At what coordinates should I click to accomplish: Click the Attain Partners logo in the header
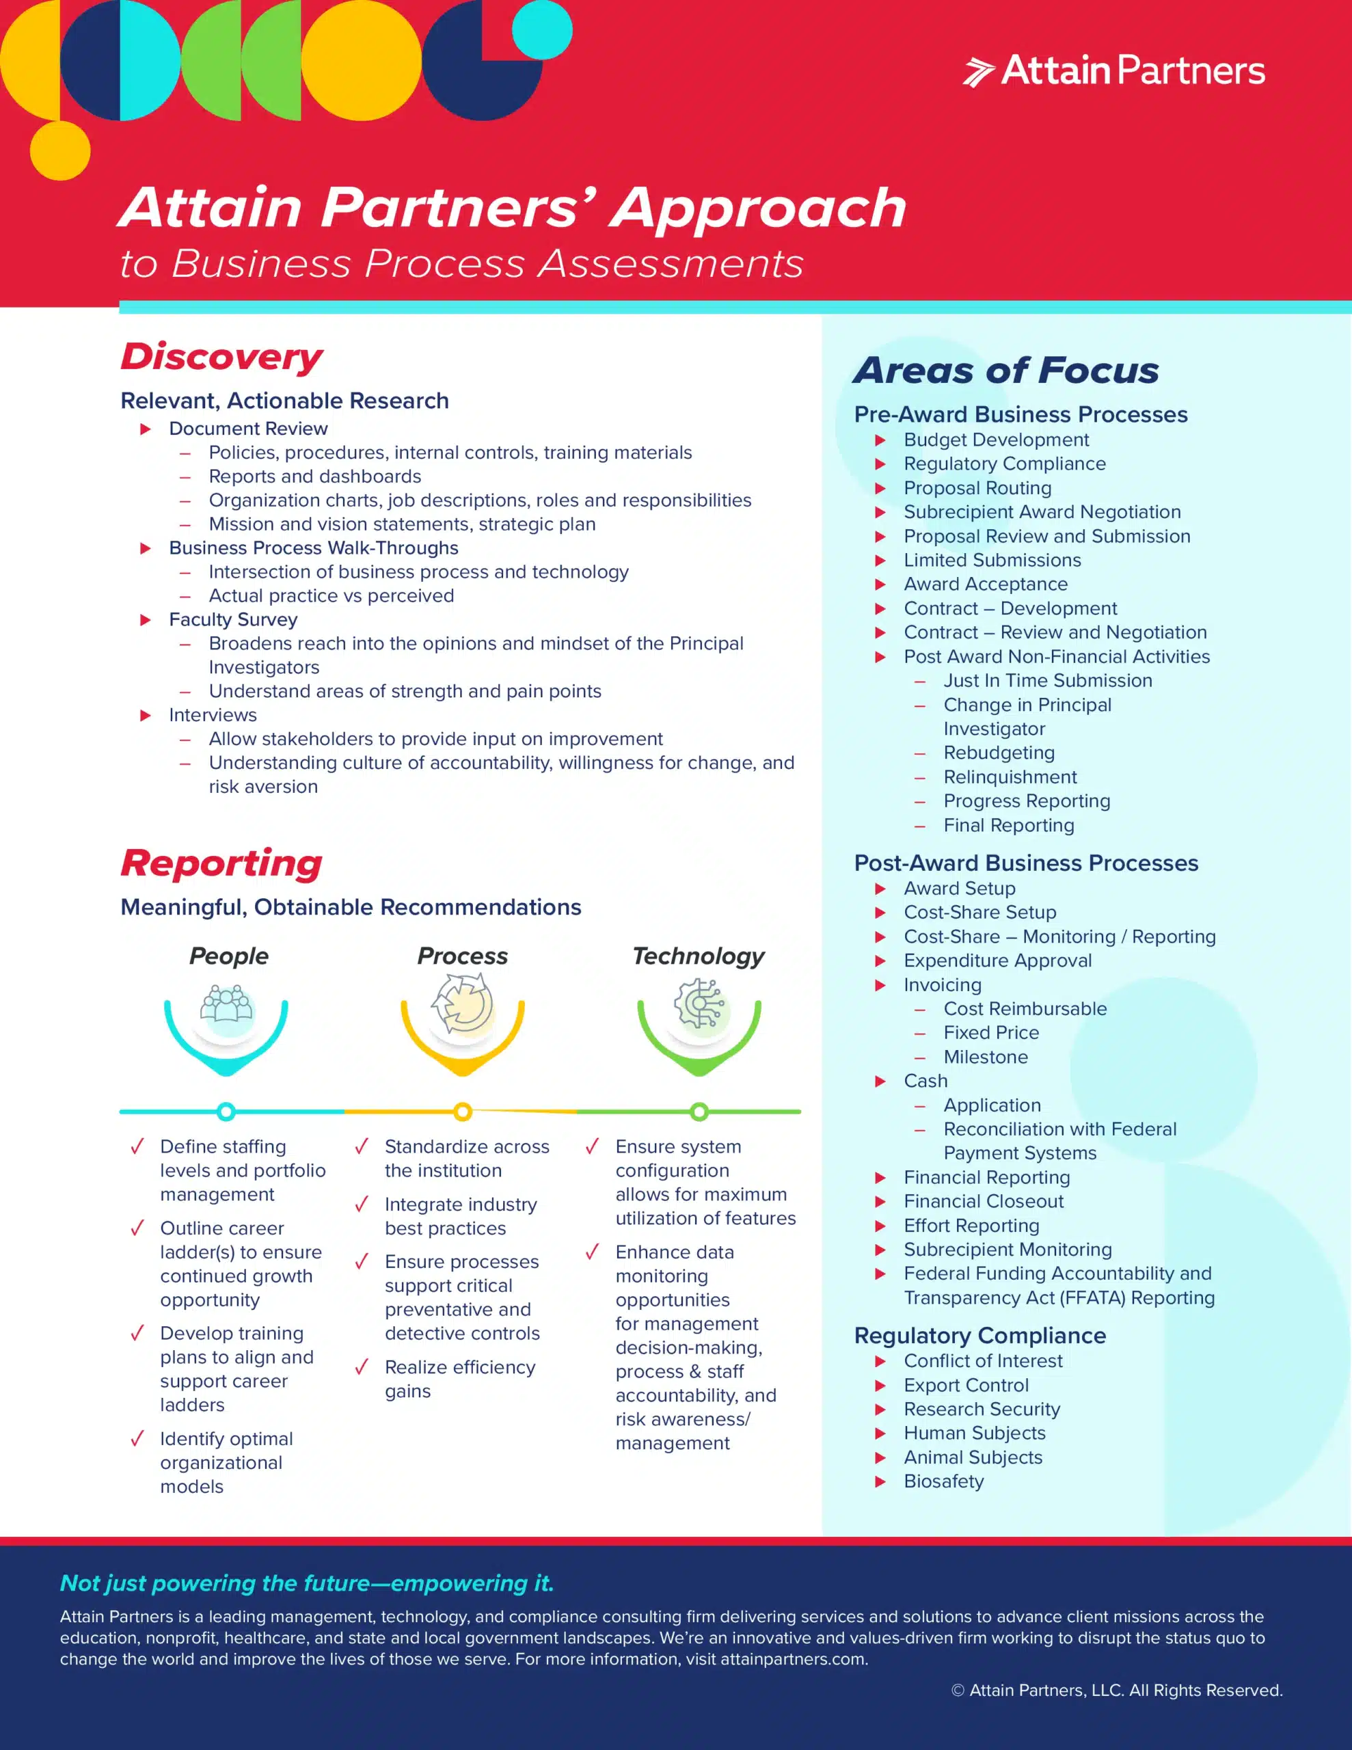(x=1114, y=70)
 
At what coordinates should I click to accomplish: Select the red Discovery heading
(x=221, y=357)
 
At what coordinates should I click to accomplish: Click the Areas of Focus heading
(x=1005, y=371)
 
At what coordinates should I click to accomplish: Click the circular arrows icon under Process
(x=463, y=1004)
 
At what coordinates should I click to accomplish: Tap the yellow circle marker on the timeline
(x=463, y=1112)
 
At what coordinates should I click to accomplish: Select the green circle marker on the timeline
(x=699, y=1112)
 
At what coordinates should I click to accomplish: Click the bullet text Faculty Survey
(x=233, y=619)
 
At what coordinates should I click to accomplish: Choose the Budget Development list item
(x=996, y=440)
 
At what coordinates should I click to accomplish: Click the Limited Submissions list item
(x=992, y=560)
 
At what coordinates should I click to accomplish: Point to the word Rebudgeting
(x=999, y=753)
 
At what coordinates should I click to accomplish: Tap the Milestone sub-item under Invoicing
(x=985, y=1057)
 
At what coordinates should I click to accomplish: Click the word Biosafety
(x=943, y=1481)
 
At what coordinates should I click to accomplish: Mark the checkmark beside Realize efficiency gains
(x=362, y=1367)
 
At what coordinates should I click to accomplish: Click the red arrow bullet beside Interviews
(x=146, y=715)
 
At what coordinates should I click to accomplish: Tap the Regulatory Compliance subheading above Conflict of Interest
(x=979, y=1335)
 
